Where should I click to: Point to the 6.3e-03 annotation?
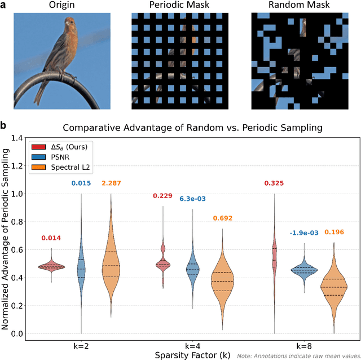click(x=193, y=199)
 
